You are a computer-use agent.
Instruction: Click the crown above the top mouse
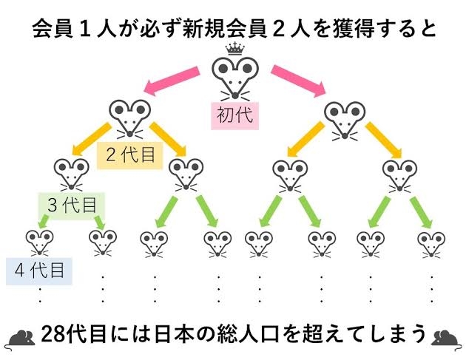coord(233,48)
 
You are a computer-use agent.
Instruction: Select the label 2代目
coord(130,155)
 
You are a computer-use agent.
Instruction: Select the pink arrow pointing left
coord(172,81)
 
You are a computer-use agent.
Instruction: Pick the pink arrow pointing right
coord(297,81)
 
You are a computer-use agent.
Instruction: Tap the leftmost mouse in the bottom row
coord(40,242)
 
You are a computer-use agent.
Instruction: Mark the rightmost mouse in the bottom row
coord(431,242)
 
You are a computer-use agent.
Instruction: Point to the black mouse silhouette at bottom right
coord(447,337)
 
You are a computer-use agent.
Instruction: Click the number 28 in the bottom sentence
coord(55,333)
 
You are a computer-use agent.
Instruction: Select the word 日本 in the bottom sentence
coord(187,333)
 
